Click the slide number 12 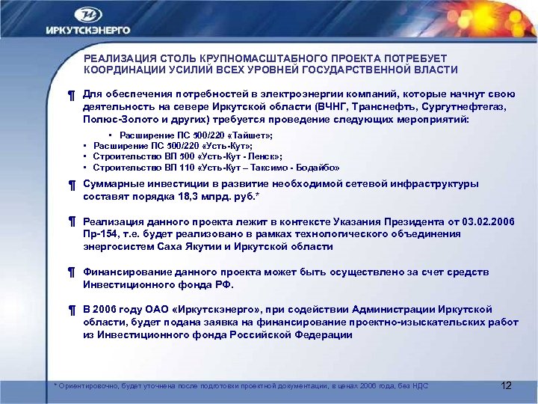(x=506, y=385)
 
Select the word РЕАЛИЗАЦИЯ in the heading (x=117, y=58)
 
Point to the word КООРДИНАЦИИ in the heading (x=120, y=70)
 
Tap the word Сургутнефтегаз (x=463, y=107)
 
